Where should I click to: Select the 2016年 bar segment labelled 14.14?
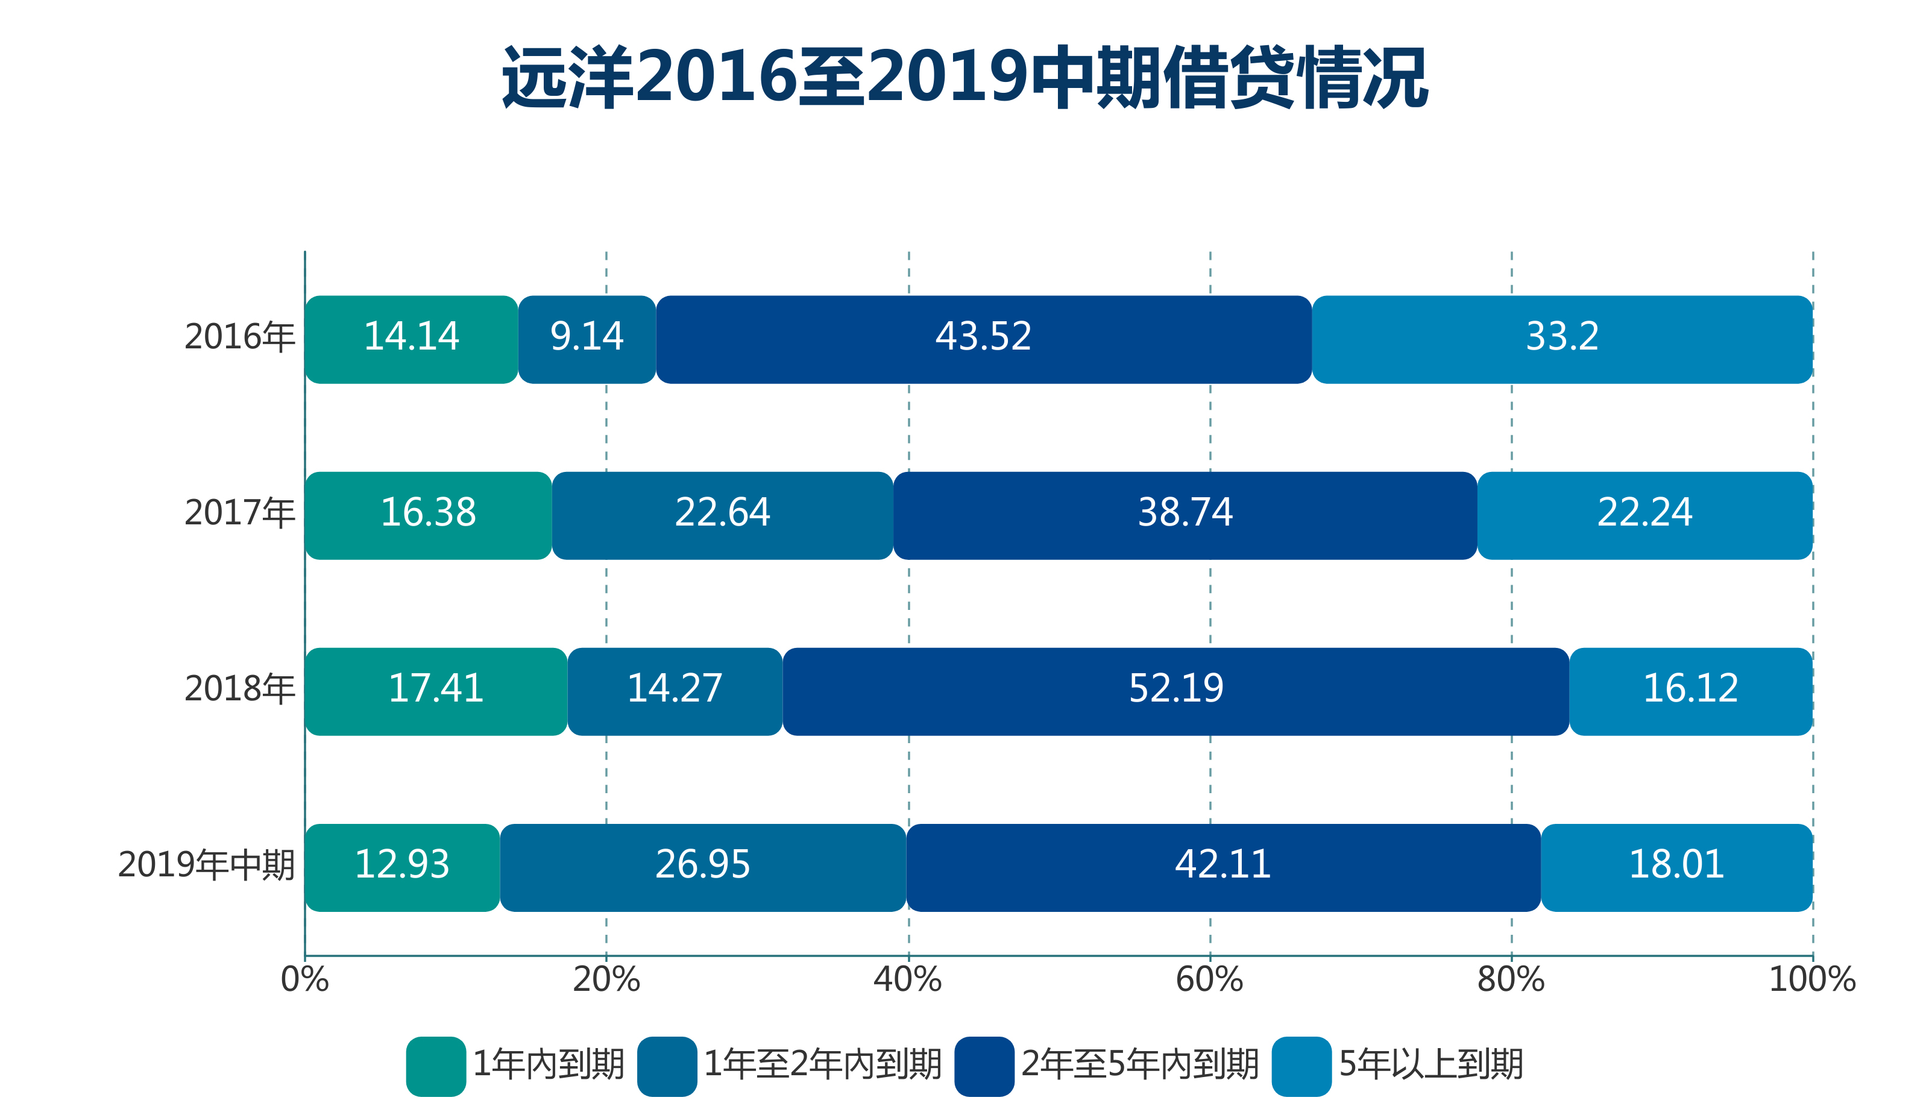click(411, 340)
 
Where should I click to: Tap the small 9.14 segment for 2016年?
click(587, 340)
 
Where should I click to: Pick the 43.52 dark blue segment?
click(984, 340)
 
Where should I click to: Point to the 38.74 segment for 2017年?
click(1185, 516)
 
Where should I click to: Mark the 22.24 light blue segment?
click(1644, 516)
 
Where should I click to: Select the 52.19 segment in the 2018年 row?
click(1175, 692)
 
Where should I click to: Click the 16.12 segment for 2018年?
click(1690, 692)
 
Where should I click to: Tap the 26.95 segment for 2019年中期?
click(703, 868)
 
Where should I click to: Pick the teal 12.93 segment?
click(402, 868)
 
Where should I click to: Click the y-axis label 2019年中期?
click(206, 865)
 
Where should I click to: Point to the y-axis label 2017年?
click(239, 513)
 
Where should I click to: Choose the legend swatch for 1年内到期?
click(436, 1066)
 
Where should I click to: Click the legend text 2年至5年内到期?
click(1140, 1064)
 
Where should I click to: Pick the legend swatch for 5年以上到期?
click(1301, 1066)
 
